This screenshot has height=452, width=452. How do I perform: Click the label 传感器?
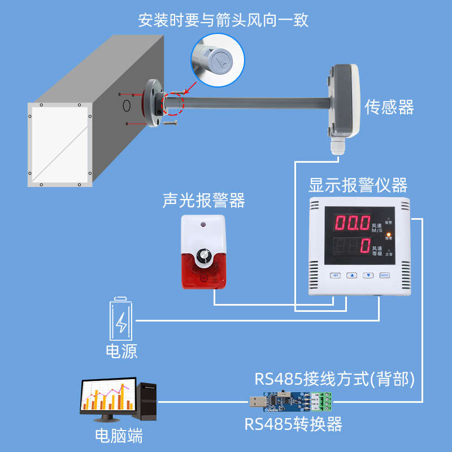pyautogui.click(x=389, y=107)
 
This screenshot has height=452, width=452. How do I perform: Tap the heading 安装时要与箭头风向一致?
pyautogui.click(x=224, y=21)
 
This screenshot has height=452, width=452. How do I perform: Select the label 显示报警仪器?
pyautogui.click(x=358, y=185)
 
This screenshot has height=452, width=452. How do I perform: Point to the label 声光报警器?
pyautogui.click(x=203, y=201)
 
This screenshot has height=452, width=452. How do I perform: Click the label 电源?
pyautogui.click(x=122, y=351)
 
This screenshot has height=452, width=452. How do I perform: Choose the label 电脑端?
pyautogui.click(x=118, y=436)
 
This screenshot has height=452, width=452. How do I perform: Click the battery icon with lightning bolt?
pyautogui.click(x=122, y=319)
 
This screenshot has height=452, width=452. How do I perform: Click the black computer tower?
pyautogui.click(x=148, y=402)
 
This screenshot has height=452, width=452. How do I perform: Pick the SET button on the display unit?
pyautogui.click(x=336, y=275)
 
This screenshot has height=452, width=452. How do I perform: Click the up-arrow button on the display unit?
pyautogui.click(x=352, y=275)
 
